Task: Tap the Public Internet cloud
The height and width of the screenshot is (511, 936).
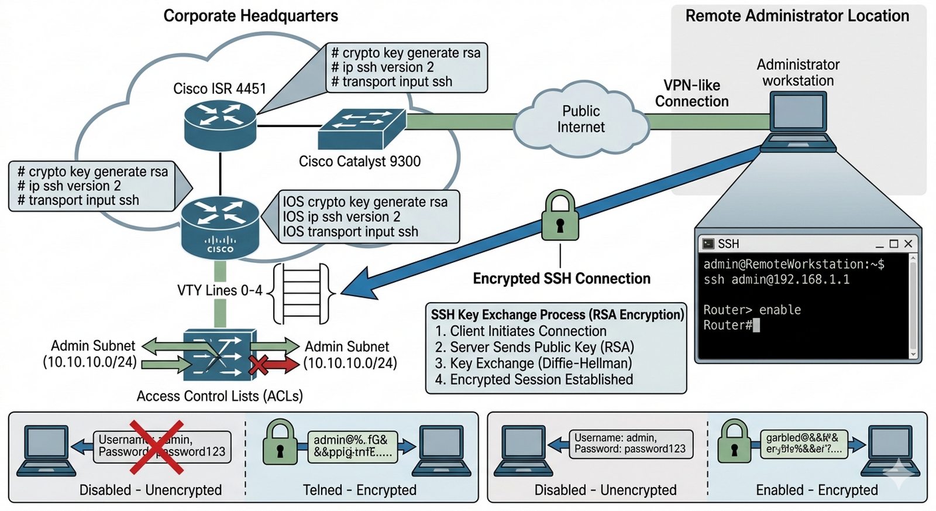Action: pyautogui.click(x=581, y=120)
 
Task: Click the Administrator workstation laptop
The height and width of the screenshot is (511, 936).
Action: pyautogui.click(x=799, y=120)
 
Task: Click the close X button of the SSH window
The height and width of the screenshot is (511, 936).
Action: pyautogui.click(x=908, y=244)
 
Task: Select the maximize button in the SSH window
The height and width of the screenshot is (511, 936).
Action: pyautogui.click(x=893, y=244)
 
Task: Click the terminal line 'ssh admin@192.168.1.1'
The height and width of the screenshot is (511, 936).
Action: pyautogui.click(x=776, y=280)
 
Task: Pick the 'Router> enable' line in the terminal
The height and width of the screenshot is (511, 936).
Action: pyautogui.click(x=752, y=310)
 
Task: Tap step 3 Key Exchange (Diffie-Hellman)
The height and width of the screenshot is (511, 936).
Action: pyautogui.click(x=534, y=363)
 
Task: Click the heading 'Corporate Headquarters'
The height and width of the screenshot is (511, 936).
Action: pyautogui.click(x=250, y=16)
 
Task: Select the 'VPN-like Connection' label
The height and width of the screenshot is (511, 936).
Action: pyautogui.click(x=691, y=94)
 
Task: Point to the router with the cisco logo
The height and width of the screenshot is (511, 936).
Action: pyautogui.click(x=220, y=228)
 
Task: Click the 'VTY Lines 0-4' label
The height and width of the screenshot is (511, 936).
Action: pyautogui.click(x=220, y=291)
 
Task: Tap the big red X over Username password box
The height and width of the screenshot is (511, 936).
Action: pyautogui.click(x=156, y=447)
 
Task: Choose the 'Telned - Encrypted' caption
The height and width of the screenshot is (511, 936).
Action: pyautogui.click(x=359, y=491)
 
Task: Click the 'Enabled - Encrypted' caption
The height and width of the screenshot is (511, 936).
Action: pyautogui.click(x=817, y=491)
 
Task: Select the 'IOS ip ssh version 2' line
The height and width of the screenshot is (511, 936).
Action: pyautogui.click(x=342, y=217)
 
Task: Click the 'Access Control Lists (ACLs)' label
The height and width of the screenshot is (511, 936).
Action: pyautogui.click(x=220, y=397)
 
